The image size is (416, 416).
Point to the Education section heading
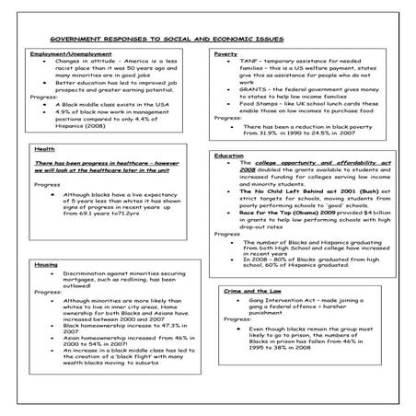(229, 156)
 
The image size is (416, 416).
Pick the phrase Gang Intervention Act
(272, 300)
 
